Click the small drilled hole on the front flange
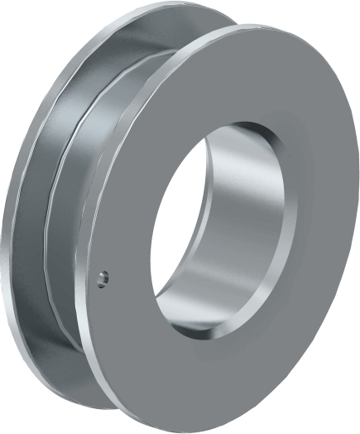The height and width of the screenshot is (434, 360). point(102,279)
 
